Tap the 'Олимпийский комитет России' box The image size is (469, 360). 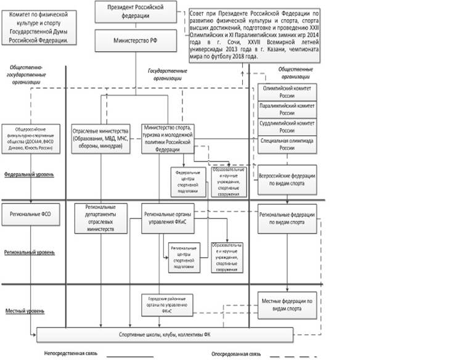(x=287, y=92)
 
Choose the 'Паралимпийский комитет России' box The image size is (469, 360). (x=287, y=110)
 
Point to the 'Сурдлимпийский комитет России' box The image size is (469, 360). (x=287, y=127)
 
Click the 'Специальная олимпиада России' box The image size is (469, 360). (x=287, y=144)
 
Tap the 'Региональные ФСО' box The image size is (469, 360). (x=30, y=215)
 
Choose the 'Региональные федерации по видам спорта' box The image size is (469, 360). (x=287, y=218)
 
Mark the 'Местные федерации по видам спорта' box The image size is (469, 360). (x=287, y=304)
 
